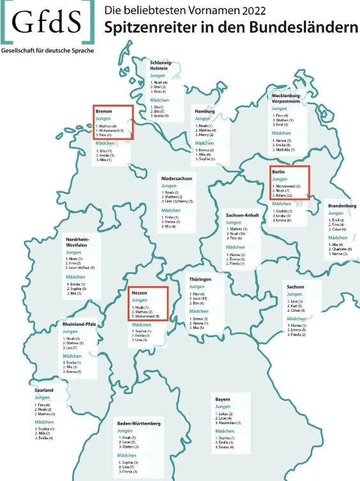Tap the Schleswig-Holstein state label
pyautogui.click(x=161, y=65)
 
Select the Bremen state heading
pyautogui.click(x=103, y=111)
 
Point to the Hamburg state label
pyautogui.click(x=205, y=111)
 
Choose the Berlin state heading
pyautogui.click(x=278, y=172)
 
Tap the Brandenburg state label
pyautogui.click(x=342, y=206)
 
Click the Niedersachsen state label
pyautogui.click(x=177, y=178)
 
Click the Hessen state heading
pyautogui.click(x=139, y=292)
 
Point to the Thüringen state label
pyautogui.click(x=200, y=280)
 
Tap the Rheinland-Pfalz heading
pyautogui.click(x=80, y=324)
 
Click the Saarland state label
pyautogui.click(x=44, y=390)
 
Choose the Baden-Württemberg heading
pyautogui.click(x=139, y=424)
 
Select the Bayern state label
pyautogui.click(x=223, y=399)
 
